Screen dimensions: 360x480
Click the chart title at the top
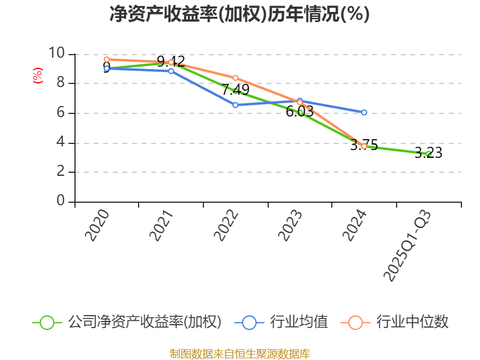pos(239,14)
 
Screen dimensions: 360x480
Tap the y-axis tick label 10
pos(56,53)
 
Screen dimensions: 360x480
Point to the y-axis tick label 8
pos(60,83)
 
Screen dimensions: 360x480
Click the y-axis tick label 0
pos(60,201)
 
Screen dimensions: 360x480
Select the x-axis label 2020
pos(97,225)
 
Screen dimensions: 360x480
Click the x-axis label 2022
pos(226,225)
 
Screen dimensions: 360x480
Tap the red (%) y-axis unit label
pos(38,76)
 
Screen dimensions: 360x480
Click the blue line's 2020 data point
pos(106,68)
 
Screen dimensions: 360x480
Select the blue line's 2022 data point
pos(235,105)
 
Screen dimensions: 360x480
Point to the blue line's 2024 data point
pos(364,112)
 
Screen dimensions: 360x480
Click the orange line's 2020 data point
pos(106,59)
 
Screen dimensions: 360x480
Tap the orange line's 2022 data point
pos(235,78)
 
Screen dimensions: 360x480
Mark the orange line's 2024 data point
pos(364,146)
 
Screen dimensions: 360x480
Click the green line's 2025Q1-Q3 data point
pos(428,154)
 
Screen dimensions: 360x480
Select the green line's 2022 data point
pos(235,91)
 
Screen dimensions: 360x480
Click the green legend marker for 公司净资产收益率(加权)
pos(47,322)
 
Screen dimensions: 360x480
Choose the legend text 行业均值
pos(299,322)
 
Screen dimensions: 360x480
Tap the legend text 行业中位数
pos(412,322)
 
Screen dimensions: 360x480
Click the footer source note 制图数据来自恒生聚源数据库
pos(239,353)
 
